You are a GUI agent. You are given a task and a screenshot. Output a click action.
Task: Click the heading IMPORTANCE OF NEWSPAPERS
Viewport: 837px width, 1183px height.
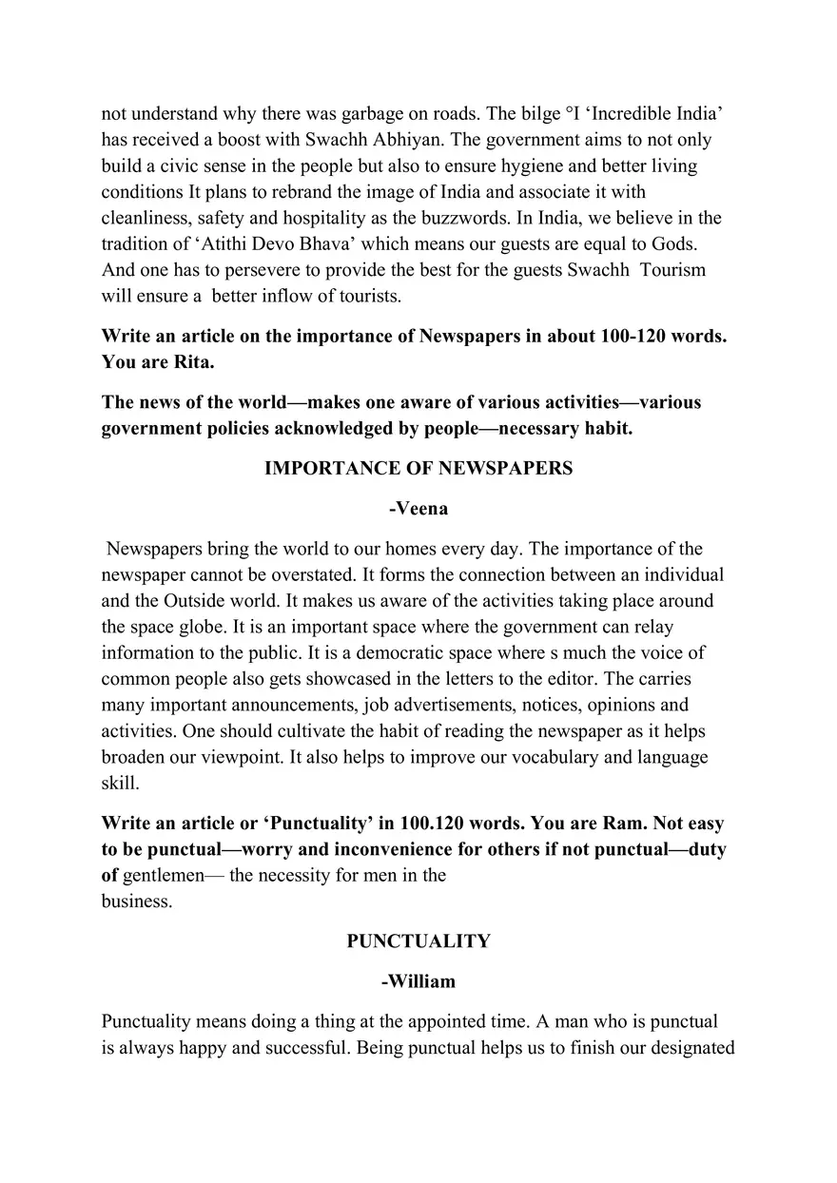point(418,469)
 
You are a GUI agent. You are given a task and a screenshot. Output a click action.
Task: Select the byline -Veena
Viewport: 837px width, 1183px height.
point(418,509)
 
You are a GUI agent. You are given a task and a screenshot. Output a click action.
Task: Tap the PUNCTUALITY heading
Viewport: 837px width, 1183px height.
point(418,941)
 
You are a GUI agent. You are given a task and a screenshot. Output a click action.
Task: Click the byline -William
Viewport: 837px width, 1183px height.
point(418,981)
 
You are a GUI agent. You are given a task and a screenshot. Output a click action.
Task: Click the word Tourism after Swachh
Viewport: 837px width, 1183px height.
point(672,270)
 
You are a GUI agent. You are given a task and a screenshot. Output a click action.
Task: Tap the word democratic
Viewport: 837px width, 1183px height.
point(273,653)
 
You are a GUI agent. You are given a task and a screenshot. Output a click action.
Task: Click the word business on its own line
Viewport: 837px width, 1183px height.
point(136,902)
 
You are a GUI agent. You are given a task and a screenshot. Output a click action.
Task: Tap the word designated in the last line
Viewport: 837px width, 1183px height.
point(687,1048)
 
